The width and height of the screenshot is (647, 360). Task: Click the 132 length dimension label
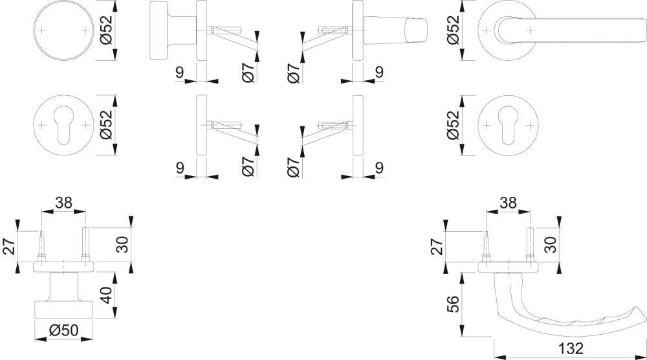(x=570, y=348)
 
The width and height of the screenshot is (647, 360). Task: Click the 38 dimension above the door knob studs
(x=63, y=203)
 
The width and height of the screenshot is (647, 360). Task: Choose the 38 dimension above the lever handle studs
(x=508, y=203)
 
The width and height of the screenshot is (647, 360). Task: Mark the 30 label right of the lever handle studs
(x=551, y=245)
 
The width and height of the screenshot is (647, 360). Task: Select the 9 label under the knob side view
(x=179, y=73)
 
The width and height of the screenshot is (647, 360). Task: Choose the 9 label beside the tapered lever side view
(x=379, y=73)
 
